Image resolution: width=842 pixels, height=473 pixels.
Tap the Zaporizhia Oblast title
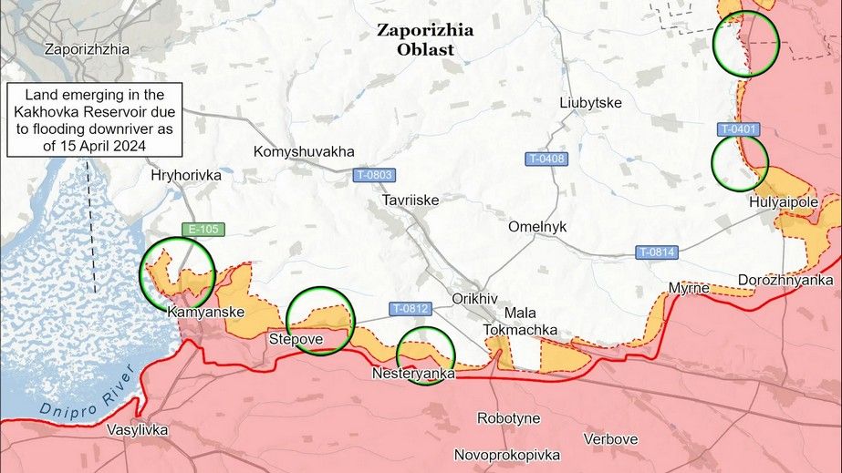[425, 39]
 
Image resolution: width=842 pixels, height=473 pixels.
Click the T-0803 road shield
[374, 174]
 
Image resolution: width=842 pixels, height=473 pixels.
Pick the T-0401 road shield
[738, 129]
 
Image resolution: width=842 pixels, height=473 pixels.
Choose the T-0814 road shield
[657, 252]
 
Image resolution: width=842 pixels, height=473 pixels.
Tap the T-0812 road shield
[411, 308]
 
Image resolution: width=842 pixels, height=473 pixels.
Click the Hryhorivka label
[186, 175]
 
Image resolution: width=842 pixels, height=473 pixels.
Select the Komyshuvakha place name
[304, 151]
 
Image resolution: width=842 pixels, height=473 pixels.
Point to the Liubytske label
[591, 103]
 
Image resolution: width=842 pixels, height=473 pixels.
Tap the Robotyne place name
[509, 418]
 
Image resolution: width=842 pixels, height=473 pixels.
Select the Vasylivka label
[137, 429]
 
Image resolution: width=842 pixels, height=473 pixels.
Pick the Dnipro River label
[87, 393]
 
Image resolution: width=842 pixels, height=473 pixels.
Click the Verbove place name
[610, 439]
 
